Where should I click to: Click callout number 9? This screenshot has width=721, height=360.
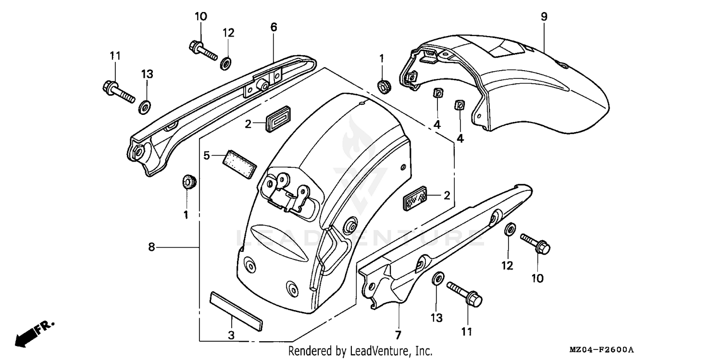click(544, 17)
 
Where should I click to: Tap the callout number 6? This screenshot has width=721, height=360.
click(273, 27)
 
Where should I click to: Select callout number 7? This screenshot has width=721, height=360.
click(398, 334)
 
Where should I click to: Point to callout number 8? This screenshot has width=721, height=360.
click(151, 248)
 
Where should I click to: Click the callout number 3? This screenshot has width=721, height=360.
click(231, 335)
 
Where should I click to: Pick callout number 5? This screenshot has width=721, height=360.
click(207, 155)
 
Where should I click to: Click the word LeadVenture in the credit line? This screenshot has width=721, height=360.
click(380, 351)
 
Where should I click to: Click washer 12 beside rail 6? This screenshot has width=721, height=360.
click(226, 63)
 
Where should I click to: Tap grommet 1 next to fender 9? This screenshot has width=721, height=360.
click(384, 87)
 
